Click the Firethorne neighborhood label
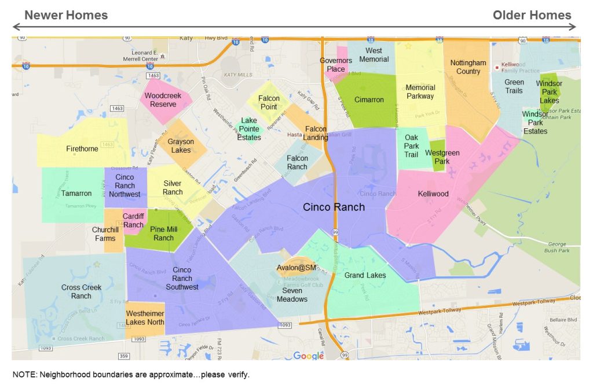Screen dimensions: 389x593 pyautogui.click(x=82, y=149)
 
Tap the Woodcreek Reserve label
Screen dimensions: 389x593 pyautogui.click(x=163, y=100)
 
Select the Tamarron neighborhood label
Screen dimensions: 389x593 pyautogui.click(x=76, y=194)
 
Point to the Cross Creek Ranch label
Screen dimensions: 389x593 pyautogui.click(x=81, y=291)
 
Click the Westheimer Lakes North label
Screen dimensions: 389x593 pyautogui.click(x=145, y=317)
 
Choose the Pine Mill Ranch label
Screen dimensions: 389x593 pyautogui.click(x=163, y=234)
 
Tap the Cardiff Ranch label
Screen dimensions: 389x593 pyautogui.click(x=133, y=221)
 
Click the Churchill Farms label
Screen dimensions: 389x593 pyautogui.click(x=105, y=234)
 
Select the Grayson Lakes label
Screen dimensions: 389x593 pyautogui.click(x=181, y=146)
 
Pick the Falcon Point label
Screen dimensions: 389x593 pyautogui.click(x=269, y=102)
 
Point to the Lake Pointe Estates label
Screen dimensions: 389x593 pyautogui.click(x=249, y=129)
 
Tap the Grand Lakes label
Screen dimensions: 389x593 pyautogui.click(x=365, y=276)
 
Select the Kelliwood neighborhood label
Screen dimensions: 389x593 pyautogui.click(x=433, y=194)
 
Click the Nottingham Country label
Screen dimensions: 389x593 pyautogui.click(x=468, y=67)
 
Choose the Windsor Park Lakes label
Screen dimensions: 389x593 pyautogui.click(x=549, y=92)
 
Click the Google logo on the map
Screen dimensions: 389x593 pyautogui.click(x=309, y=356)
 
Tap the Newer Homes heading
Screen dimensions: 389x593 pyautogui.click(x=66, y=15)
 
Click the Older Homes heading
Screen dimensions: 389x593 pyautogui.click(x=532, y=15)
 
